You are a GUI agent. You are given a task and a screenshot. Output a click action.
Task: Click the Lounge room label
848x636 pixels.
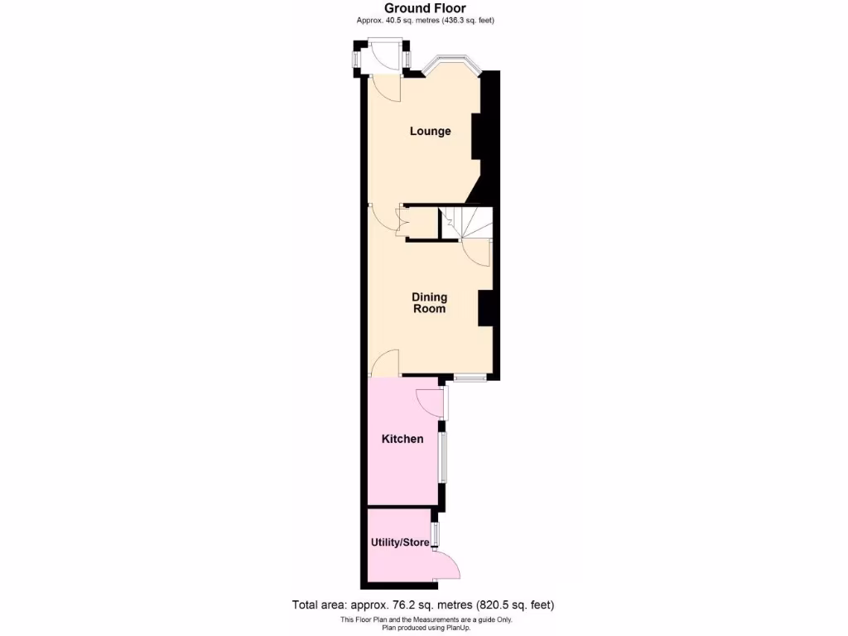pyautogui.click(x=431, y=131)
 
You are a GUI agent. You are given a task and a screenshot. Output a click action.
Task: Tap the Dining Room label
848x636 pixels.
pyautogui.click(x=430, y=303)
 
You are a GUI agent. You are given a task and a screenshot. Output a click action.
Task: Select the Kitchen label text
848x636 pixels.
pyautogui.click(x=402, y=439)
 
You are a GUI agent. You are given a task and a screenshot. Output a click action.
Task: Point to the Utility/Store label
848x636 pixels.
pyautogui.click(x=400, y=543)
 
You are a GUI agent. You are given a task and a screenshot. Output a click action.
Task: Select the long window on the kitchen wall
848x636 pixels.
pyautogui.click(x=443, y=456)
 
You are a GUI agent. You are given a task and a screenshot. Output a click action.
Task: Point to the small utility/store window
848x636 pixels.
pyautogui.click(x=435, y=534)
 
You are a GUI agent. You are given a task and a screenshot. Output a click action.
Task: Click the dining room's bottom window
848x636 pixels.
pyautogui.click(x=469, y=378)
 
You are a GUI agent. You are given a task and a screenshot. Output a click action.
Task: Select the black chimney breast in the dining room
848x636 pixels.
pyautogui.click(x=485, y=308)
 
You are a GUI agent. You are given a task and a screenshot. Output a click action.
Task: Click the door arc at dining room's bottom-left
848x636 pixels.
pyautogui.click(x=385, y=364)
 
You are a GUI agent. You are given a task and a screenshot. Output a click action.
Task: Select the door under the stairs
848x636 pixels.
pyautogui.click(x=476, y=251)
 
